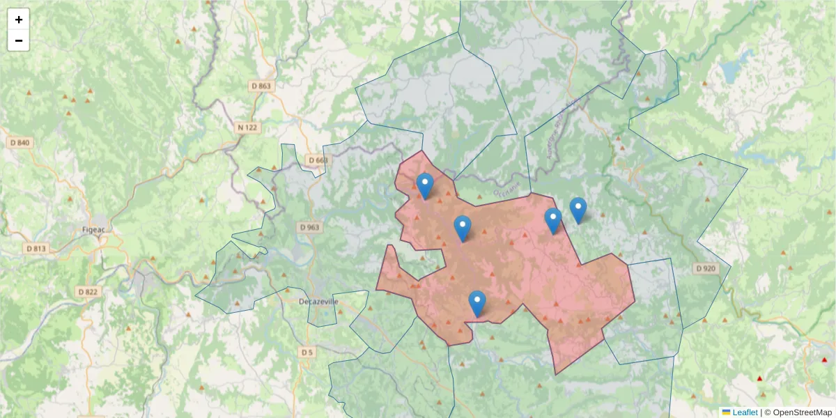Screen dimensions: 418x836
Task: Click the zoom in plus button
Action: pos(19,20)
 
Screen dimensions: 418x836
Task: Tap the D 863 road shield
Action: pos(260,86)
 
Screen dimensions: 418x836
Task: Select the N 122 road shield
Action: pos(247,127)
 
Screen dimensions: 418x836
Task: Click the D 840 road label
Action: pos(20,142)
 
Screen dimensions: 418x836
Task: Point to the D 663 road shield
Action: pos(317,160)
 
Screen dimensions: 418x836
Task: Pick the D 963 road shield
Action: pos(309,227)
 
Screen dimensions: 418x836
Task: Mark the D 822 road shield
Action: pos(88,291)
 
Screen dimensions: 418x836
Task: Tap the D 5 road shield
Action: pos(307,353)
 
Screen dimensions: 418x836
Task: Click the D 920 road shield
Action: pos(704,268)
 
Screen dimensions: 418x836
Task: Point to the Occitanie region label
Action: pos(506,189)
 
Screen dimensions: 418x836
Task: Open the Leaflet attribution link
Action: pos(745,412)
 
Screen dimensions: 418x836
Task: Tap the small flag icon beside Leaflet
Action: pos(726,412)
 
